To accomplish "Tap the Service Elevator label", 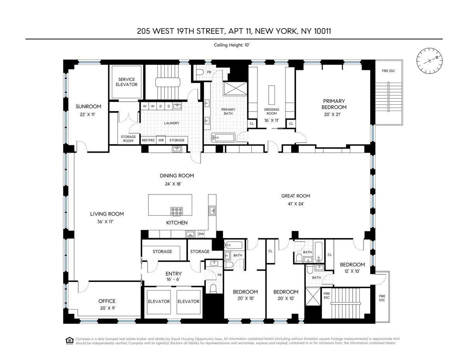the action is (127, 82).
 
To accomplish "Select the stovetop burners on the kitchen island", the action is (177, 211).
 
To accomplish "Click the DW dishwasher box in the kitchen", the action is (201, 234).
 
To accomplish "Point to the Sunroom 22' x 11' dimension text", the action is (87, 115).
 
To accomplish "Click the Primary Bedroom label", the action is (334, 104).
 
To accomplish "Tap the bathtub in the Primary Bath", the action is (223, 137).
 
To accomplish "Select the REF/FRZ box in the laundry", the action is (148, 140).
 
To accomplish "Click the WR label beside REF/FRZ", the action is (161, 140).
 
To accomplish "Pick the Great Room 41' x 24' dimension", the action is (296, 204).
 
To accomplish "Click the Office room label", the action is (107, 301).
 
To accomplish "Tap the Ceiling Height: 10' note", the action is (232, 45).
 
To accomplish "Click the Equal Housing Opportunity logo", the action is (69, 341).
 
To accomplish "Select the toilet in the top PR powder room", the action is (200, 73).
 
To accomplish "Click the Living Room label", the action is (107, 214).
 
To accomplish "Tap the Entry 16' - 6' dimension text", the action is (173, 279).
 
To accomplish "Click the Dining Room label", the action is (177, 176).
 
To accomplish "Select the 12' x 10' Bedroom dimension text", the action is (352, 271).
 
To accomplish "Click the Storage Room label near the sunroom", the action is (128, 139).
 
